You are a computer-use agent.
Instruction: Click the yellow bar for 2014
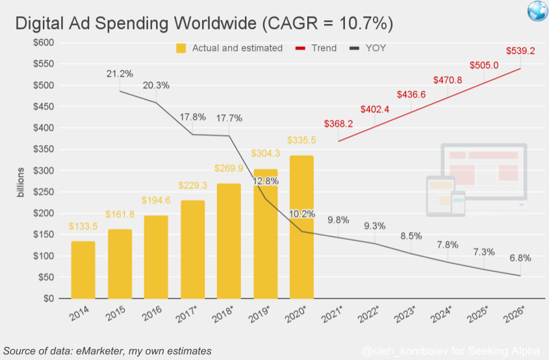pos(83,270)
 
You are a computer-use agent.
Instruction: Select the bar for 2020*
pos(301,227)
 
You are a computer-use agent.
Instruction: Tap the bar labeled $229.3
pos(192,250)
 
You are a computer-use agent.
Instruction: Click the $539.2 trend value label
pos(520,51)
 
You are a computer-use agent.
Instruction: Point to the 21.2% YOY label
pos(120,73)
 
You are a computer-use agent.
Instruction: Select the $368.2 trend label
pos(338,123)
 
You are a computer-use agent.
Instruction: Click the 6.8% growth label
pos(520,258)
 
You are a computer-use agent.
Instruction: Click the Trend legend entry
pos(316,48)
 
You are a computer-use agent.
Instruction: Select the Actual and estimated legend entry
pos(229,48)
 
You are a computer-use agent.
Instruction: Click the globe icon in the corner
pos(537,11)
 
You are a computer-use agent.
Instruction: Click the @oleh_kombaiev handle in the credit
pos(400,351)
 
